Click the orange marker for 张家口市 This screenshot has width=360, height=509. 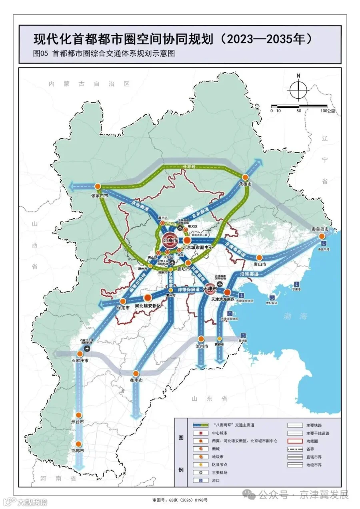pyautogui.click(x=98, y=187)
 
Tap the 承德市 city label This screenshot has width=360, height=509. pyautogui.click(x=245, y=184)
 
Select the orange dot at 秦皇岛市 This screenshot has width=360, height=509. pyautogui.click(x=322, y=236)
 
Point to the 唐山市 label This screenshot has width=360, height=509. pyautogui.click(x=260, y=264)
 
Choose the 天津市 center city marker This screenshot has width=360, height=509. pyautogui.click(x=210, y=288)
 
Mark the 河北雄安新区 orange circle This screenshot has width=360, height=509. pyautogui.click(x=148, y=297)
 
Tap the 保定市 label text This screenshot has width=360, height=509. pyautogui.click(x=123, y=308)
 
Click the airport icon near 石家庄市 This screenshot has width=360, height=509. pyautogui.click(x=87, y=349)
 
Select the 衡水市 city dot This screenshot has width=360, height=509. pyautogui.click(x=136, y=373)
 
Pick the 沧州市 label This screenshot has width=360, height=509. pyautogui.click(x=202, y=346)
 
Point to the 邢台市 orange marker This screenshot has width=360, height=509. pyautogui.click(x=79, y=415)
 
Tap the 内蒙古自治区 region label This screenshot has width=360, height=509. pyautogui.click(x=89, y=84)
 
